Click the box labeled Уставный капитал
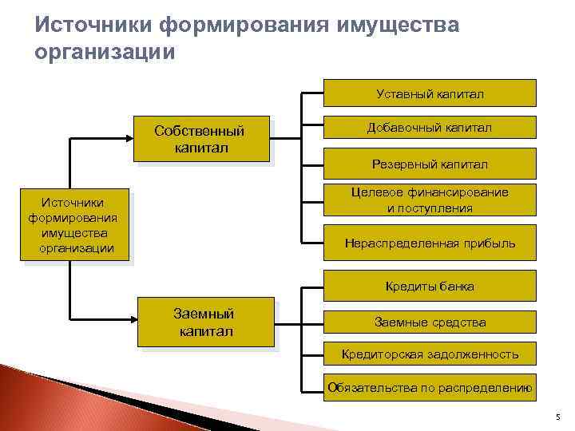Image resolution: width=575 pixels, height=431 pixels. click(x=430, y=93)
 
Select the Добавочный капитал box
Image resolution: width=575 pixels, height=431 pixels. click(x=430, y=128)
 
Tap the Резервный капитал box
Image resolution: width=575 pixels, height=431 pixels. click(x=430, y=164)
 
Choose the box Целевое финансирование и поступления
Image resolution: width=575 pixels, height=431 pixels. click(x=430, y=200)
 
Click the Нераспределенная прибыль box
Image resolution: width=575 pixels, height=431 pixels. click(x=430, y=243)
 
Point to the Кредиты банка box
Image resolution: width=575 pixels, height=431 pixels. click(x=430, y=286)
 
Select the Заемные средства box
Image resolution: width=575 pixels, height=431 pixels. click(x=430, y=322)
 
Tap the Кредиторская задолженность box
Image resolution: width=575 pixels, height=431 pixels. click(x=430, y=354)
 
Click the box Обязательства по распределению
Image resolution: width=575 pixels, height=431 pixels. click(x=430, y=389)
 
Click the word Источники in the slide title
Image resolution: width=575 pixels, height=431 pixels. click(x=93, y=26)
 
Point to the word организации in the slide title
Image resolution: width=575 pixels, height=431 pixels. click(x=103, y=52)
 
